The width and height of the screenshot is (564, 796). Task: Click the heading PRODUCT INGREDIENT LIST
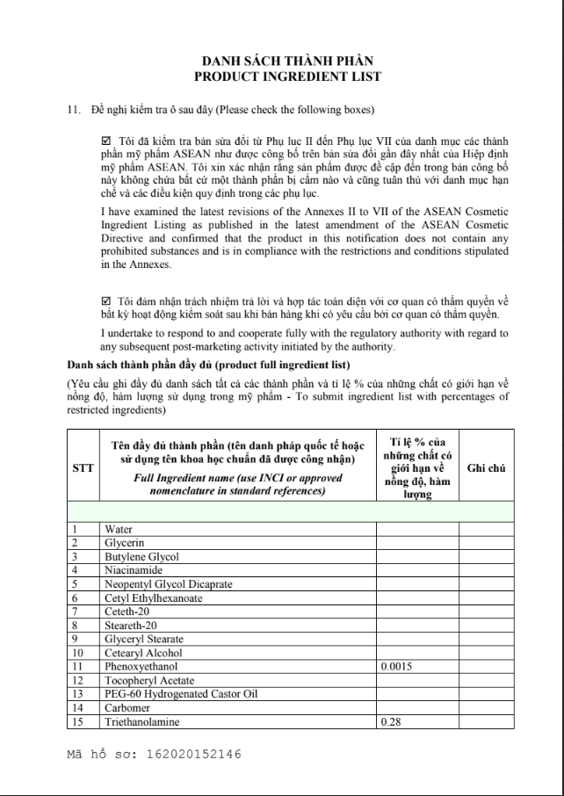pos(287,76)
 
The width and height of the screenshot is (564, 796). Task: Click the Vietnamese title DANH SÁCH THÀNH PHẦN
pos(287,62)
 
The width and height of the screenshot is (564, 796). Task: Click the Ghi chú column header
pos(486,468)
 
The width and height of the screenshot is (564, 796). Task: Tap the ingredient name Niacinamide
pos(132,569)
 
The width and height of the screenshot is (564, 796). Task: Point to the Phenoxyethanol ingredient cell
pos(141,667)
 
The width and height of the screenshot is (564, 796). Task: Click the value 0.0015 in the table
pos(398,667)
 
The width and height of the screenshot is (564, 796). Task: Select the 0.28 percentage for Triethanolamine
pos(391,722)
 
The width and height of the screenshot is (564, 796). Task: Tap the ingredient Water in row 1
pos(119,529)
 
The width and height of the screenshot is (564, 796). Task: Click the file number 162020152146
pos(192,754)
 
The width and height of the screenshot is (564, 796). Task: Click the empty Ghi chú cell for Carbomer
pos(486,708)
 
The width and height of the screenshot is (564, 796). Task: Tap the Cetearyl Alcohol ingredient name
pos(143,653)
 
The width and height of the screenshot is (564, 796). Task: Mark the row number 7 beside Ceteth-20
pos(76,611)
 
